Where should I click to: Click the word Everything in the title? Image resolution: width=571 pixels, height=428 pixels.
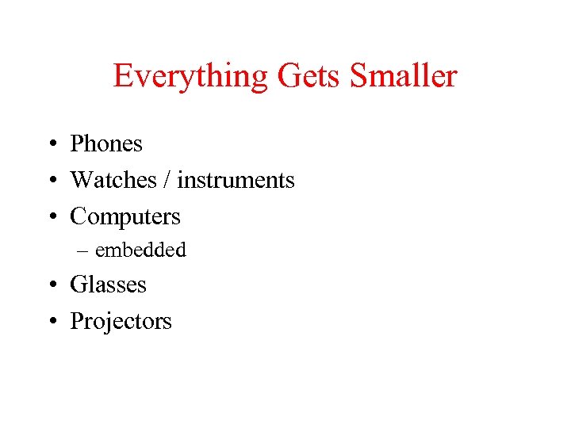tap(190, 76)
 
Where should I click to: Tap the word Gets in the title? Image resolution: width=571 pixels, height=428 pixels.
tap(309, 76)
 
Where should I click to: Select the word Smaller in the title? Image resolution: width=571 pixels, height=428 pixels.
tap(403, 76)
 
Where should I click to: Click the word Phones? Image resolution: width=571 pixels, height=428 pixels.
tap(106, 143)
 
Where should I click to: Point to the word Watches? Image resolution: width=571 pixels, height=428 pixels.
tap(113, 180)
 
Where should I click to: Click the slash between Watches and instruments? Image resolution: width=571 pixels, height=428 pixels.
tap(167, 180)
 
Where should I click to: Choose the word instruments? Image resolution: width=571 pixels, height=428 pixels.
tap(236, 180)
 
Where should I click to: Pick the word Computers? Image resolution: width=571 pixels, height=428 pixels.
tap(125, 216)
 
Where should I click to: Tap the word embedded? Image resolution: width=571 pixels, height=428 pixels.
tap(140, 250)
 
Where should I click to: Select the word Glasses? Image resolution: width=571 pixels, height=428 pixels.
tap(109, 284)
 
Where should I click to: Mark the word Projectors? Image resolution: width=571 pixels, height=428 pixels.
tap(121, 321)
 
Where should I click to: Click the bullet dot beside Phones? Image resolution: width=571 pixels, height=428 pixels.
tap(50, 145)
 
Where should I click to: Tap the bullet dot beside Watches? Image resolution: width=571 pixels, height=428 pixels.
tap(50, 182)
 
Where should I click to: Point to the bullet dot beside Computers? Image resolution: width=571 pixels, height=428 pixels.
tap(50, 218)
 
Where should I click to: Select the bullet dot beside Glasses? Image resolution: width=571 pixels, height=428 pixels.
tap(50, 285)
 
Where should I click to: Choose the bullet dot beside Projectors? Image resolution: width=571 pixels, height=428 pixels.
tap(50, 322)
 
